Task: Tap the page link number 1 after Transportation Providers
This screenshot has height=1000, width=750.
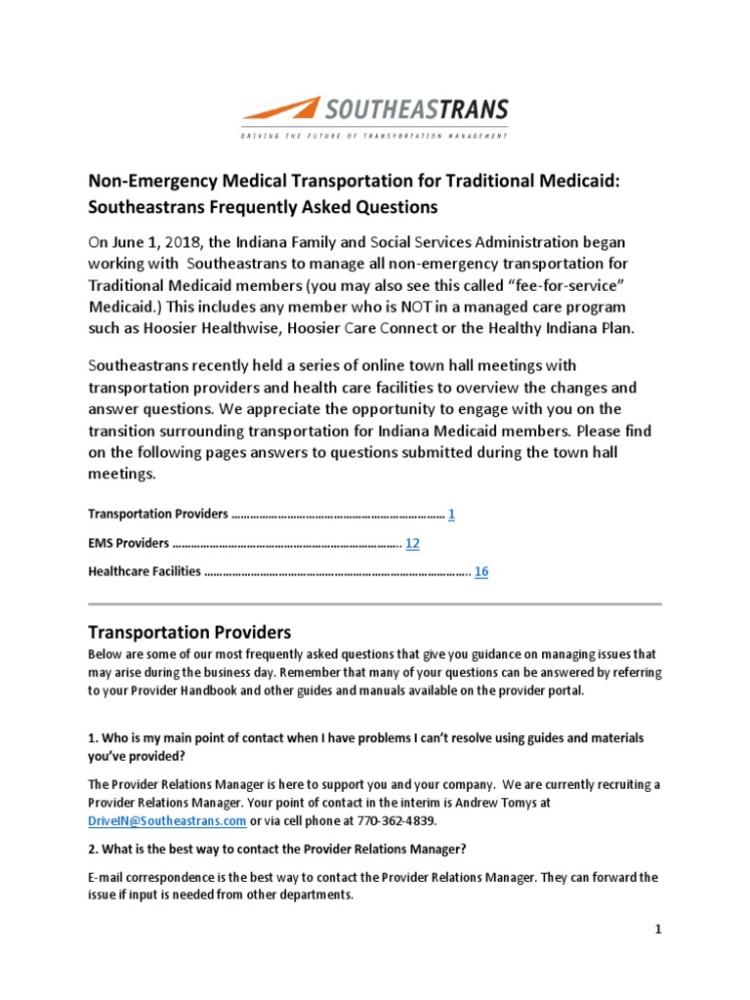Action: (451, 514)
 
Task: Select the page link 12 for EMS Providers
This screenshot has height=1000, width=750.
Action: (412, 543)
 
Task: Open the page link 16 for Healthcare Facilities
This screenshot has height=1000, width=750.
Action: (481, 572)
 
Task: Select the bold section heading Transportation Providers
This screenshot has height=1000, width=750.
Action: (189, 632)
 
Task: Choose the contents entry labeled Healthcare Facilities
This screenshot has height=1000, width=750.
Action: (145, 572)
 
